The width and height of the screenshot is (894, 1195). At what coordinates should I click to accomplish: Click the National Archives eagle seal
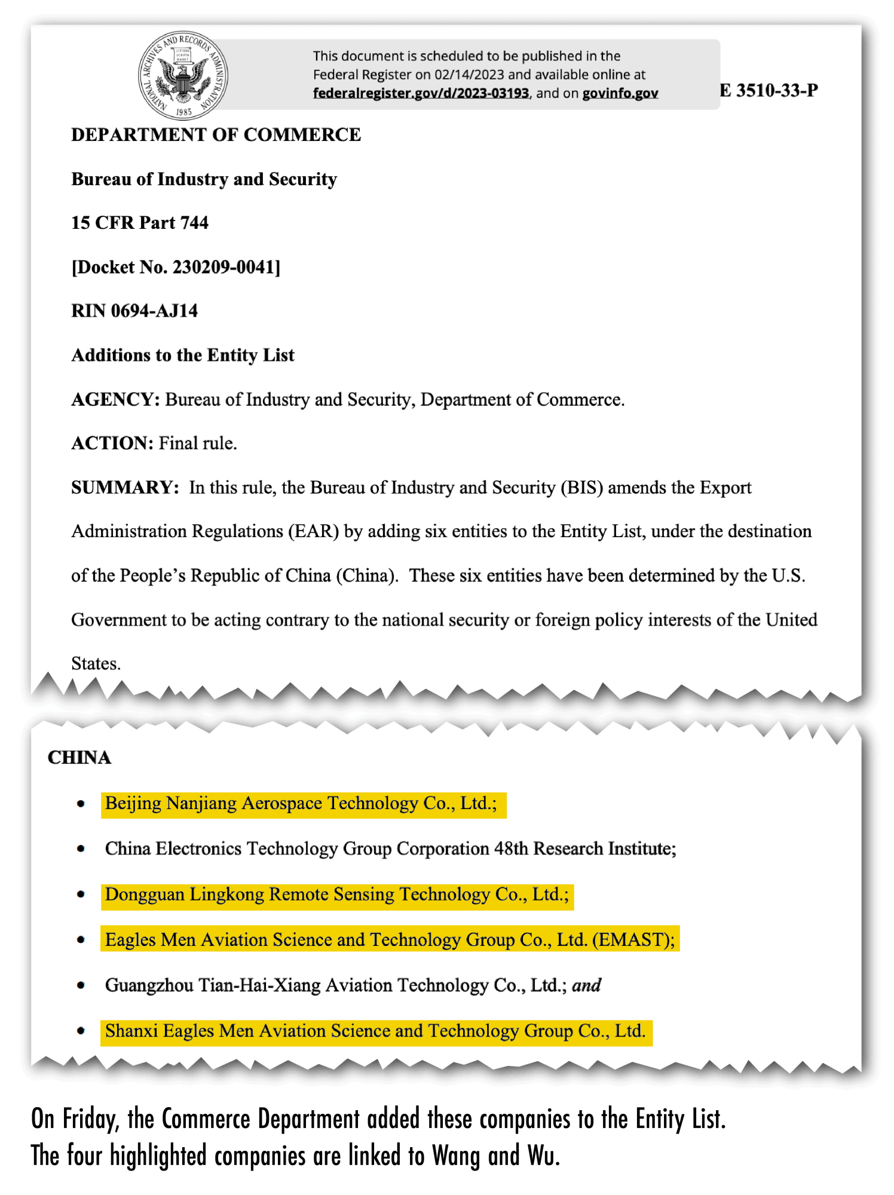183,76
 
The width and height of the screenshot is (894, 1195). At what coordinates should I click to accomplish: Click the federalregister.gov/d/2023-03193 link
421,93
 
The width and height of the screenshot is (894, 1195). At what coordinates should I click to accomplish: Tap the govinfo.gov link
620,93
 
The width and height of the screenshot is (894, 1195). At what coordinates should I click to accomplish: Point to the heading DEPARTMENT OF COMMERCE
216,135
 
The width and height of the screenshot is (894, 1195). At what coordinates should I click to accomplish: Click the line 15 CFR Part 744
140,223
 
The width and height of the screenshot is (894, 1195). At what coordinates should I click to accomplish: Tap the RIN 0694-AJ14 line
134,311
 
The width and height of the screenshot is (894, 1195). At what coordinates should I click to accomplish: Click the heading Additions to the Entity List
183,356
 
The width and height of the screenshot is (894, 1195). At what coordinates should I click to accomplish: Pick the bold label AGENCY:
115,399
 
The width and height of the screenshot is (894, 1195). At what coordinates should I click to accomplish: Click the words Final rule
197,443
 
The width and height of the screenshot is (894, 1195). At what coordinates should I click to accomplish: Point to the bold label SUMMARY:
124,488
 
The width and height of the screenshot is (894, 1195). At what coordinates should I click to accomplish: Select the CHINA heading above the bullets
79,758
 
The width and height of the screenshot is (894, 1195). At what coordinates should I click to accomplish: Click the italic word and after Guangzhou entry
586,985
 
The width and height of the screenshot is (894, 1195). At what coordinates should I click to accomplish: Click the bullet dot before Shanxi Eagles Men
81,1031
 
